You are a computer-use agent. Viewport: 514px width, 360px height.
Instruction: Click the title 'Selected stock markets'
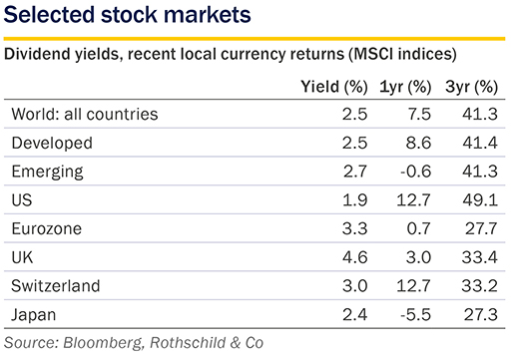point(127,15)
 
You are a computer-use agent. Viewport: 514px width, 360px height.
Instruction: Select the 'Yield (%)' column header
point(334,87)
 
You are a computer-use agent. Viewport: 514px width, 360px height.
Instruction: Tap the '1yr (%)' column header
point(405,87)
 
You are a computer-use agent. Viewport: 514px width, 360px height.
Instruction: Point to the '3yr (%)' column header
point(471,87)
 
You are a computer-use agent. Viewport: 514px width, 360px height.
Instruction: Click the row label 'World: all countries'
point(85,114)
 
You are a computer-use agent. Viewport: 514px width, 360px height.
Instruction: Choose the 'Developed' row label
point(52,144)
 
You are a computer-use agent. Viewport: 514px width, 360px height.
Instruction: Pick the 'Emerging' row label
point(47,172)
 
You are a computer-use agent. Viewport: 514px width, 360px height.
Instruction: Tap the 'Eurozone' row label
point(47,228)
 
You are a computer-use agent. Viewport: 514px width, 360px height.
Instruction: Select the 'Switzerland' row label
point(56,286)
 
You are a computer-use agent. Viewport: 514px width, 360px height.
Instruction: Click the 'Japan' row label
point(33,315)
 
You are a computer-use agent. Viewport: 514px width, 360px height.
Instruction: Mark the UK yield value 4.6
point(355,257)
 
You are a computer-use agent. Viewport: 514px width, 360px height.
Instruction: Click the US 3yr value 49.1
point(480,200)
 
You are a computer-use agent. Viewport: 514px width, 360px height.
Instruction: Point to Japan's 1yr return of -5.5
point(415,314)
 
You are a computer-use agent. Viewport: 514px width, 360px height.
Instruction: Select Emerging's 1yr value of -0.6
point(415,172)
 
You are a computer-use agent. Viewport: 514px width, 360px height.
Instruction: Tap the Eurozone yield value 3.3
point(355,228)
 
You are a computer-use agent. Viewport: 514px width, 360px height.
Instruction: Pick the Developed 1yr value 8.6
point(418,143)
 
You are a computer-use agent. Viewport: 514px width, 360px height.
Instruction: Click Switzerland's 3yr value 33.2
point(480,286)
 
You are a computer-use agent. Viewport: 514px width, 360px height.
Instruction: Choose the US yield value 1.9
point(355,200)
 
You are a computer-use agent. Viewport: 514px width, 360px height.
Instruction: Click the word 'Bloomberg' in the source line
point(104,343)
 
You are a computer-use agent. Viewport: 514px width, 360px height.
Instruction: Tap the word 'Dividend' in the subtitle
point(37,54)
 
